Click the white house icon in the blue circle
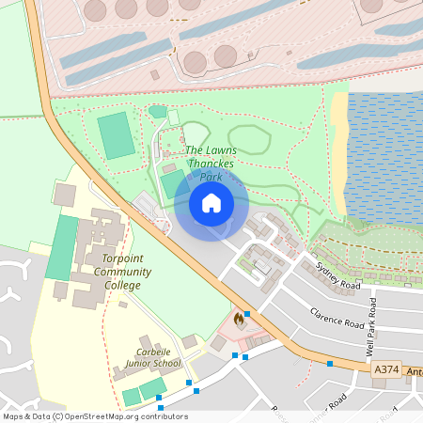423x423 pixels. click(211, 203)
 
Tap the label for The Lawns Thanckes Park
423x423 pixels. click(210, 163)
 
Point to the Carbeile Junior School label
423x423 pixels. click(151, 356)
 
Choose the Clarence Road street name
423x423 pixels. click(336, 317)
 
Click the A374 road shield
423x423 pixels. click(385, 371)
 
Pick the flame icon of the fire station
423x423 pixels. click(239, 321)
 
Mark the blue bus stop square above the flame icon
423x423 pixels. click(246, 314)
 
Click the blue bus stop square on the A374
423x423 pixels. click(330, 363)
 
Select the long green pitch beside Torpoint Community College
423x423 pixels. click(62, 247)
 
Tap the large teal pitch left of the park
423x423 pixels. click(117, 135)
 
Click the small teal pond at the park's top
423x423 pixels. click(157, 112)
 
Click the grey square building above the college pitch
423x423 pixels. click(65, 195)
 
